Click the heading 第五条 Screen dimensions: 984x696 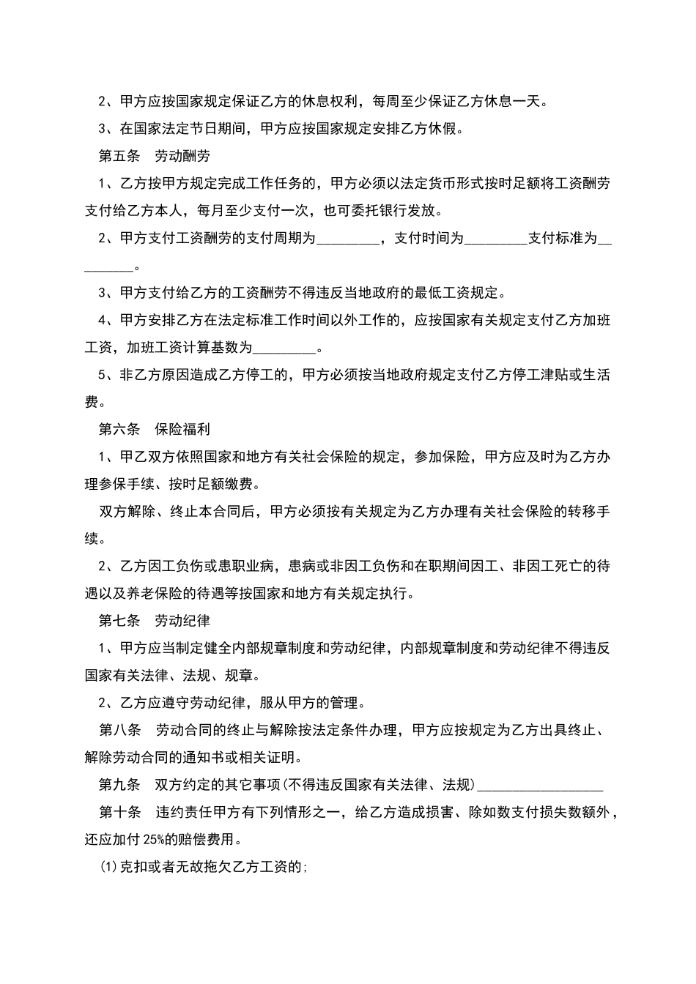click(119, 156)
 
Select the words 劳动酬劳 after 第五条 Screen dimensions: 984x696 click(182, 156)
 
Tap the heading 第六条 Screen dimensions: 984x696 click(119, 430)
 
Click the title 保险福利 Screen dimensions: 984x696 click(182, 430)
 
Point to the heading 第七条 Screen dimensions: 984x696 click(119, 621)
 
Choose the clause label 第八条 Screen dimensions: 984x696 click(119, 730)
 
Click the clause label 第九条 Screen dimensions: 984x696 click(119, 785)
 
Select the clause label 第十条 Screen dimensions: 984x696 click(119, 812)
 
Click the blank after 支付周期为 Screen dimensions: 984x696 click(347, 240)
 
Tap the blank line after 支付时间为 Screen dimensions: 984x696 click(496, 240)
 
